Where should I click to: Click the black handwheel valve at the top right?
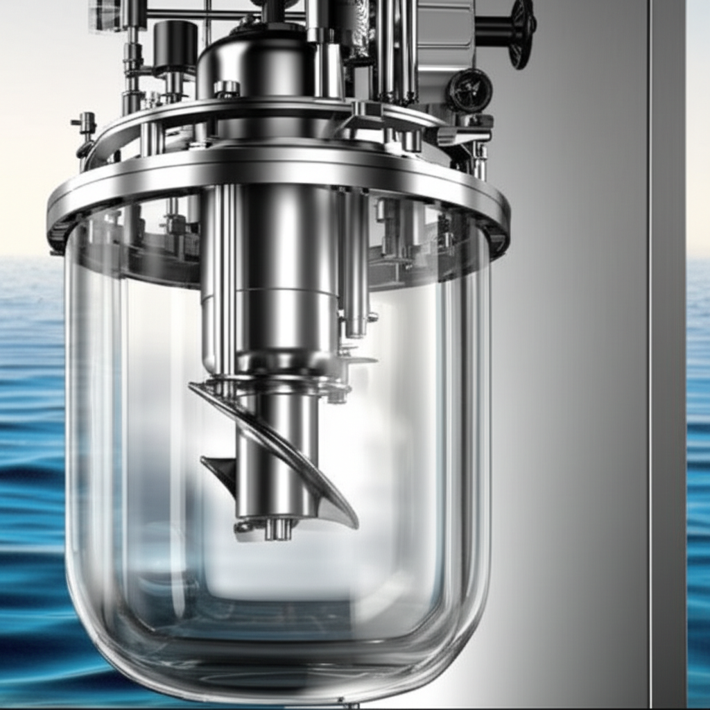(x=521, y=33)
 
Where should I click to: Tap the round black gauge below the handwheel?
(x=469, y=91)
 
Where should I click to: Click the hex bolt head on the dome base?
(x=227, y=89)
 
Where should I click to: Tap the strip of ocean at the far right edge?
(x=698, y=416)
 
